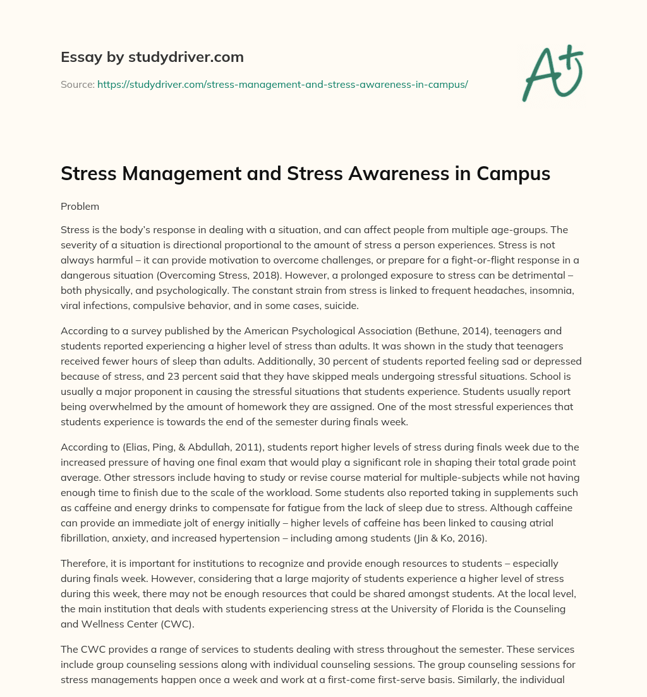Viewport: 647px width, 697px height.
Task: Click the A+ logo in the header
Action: click(x=551, y=73)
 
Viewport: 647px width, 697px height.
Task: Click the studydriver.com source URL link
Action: click(x=282, y=84)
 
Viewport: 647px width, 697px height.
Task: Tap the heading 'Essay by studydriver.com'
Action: click(x=152, y=57)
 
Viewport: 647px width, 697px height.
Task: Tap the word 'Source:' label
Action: click(x=77, y=84)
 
